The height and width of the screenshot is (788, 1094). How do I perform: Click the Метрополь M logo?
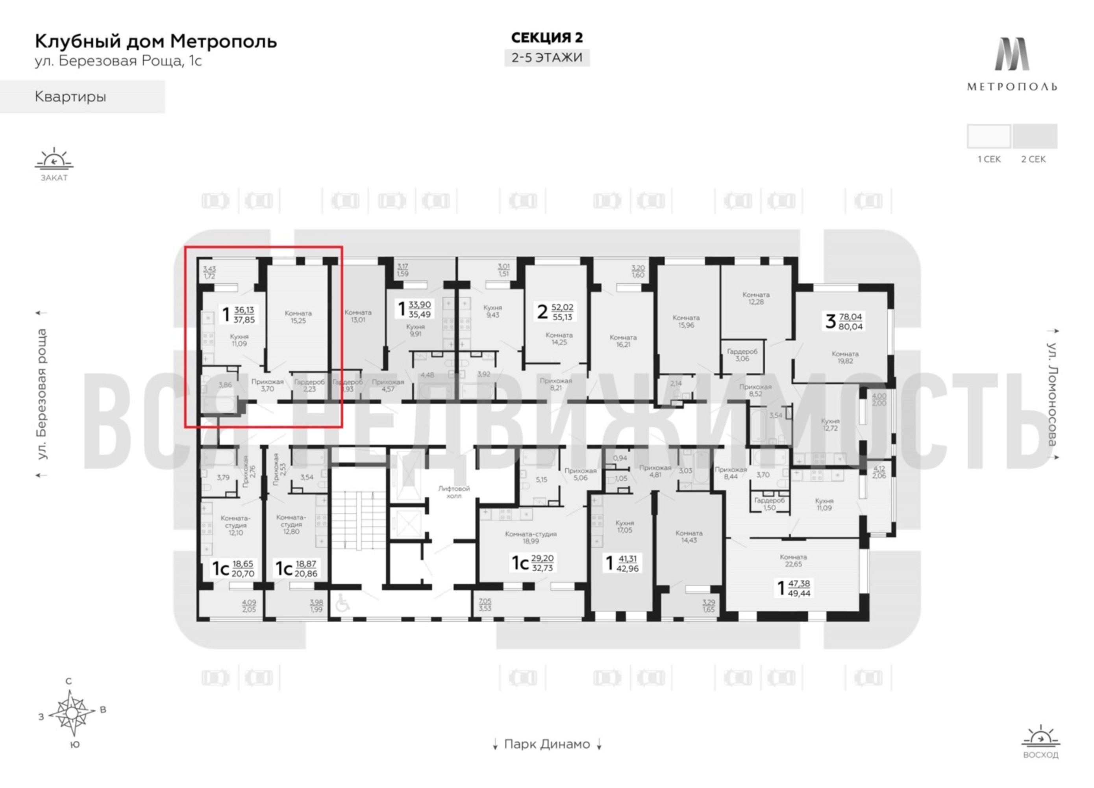click(x=1012, y=54)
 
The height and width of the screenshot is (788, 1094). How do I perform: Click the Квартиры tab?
click(x=70, y=97)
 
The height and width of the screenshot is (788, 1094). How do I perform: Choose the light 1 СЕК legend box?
click(x=989, y=136)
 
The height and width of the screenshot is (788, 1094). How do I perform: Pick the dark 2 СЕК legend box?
click(x=1035, y=136)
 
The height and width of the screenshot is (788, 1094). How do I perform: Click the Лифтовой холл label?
click(x=454, y=492)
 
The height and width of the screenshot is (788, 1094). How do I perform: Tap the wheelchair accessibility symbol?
click(x=342, y=603)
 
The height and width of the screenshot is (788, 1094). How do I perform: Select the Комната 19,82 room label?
click(x=845, y=357)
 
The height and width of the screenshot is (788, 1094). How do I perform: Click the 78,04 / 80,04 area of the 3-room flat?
click(x=850, y=322)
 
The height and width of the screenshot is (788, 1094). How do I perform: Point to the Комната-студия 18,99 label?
click(x=531, y=537)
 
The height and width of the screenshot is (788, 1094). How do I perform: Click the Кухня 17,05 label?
click(x=625, y=526)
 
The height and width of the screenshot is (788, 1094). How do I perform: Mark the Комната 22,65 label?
click(x=793, y=560)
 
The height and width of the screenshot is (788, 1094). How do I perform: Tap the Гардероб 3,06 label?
click(x=742, y=355)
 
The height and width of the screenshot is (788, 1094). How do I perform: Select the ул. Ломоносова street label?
click(x=1053, y=394)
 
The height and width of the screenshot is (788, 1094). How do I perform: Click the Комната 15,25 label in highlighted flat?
click(x=298, y=317)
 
